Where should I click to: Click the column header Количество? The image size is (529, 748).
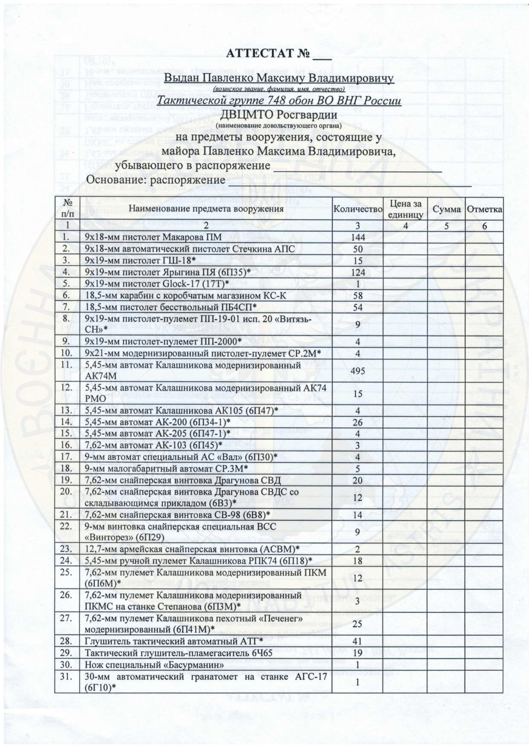pos(358,209)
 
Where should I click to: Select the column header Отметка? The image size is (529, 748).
pos(484,209)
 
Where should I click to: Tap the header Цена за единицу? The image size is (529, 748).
pos(406,209)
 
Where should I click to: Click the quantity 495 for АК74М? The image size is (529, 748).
pos(358,371)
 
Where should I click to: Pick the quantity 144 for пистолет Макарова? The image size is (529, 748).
pos(358,238)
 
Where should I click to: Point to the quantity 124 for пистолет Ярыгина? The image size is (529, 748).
pos(358,272)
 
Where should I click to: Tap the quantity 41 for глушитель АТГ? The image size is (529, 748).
pos(358,641)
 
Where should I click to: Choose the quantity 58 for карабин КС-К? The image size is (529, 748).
pos(358,295)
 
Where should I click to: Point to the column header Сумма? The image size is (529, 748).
pos(446,209)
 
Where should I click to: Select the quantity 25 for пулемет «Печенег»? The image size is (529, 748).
pos(358,624)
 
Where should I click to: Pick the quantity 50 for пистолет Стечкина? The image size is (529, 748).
pos(358,249)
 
